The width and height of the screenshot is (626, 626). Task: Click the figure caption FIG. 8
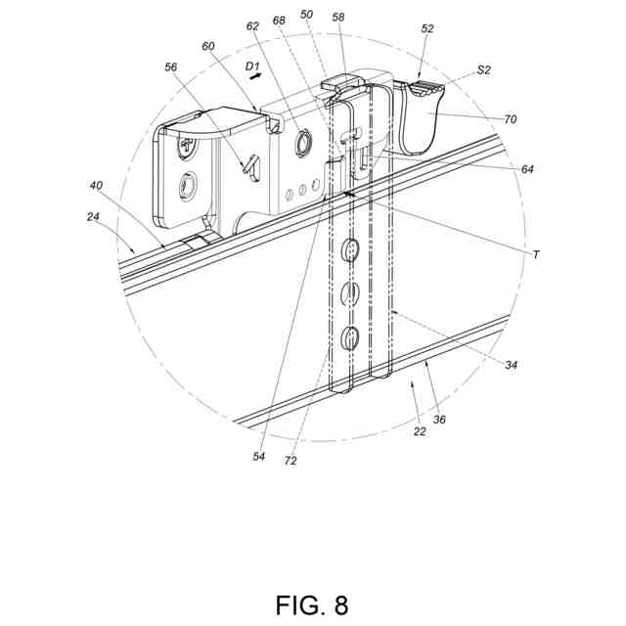[x=312, y=604]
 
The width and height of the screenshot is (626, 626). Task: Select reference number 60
[x=208, y=46]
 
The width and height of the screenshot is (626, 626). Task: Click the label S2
[x=484, y=69]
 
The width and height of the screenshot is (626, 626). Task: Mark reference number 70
[x=511, y=119]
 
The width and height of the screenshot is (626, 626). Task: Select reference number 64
[x=527, y=169]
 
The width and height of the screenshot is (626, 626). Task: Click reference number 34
[x=511, y=365]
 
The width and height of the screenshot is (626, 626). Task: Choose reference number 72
[x=291, y=459]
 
